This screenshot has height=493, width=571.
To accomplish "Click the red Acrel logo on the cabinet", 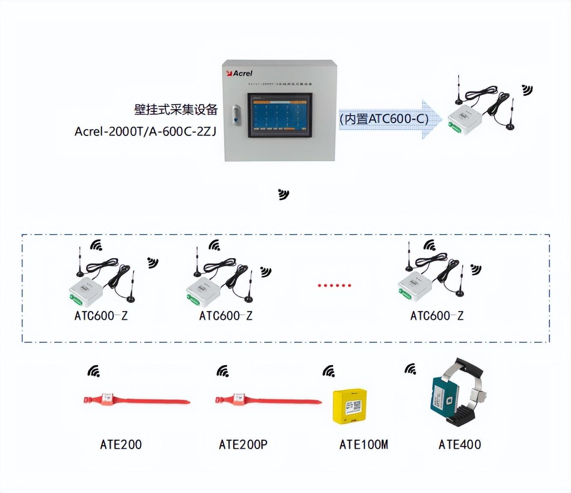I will pyautogui.click(x=240, y=73).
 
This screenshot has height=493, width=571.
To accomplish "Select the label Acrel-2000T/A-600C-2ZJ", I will pyautogui.click(x=146, y=131).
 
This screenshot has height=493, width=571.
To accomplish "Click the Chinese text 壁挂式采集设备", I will pyautogui.click(x=176, y=110).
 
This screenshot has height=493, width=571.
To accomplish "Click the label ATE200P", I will pyautogui.click(x=243, y=445).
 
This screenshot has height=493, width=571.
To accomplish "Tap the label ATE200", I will pyautogui.click(x=121, y=445).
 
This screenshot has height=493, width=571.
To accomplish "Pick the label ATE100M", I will pyautogui.click(x=364, y=445).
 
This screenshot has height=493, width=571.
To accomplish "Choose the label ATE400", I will pyautogui.click(x=459, y=445).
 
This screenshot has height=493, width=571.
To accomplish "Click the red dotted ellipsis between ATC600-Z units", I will pyautogui.click(x=334, y=285).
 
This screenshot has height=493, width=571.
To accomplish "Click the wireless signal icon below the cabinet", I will pyautogui.click(x=283, y=194).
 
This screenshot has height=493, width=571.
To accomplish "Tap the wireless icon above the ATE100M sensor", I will pyautogui.click(x=328, y=371).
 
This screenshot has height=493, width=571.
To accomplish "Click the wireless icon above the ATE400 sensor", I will pyautogui.click(x=410, y=369).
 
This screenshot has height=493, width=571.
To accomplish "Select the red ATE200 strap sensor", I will pyautogui.click(x=136, y=400).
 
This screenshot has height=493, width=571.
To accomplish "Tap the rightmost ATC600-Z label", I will pyautogui.click(x=437, y=316).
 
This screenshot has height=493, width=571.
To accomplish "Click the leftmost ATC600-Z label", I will pyautogui.click(x=101, y=316).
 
